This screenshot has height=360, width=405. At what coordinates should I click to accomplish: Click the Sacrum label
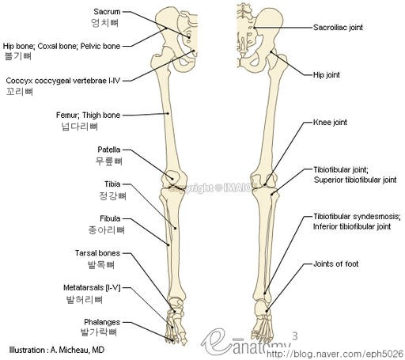coord(107,12)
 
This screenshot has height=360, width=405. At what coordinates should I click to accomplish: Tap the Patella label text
coord(109,150)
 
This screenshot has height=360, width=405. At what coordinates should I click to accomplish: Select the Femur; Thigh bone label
coord(88,115)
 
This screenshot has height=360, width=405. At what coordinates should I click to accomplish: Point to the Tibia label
coord(112,184)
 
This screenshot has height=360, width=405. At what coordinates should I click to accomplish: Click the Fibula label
coord(110,218)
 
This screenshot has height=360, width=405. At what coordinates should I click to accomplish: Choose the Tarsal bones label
coord(97,253)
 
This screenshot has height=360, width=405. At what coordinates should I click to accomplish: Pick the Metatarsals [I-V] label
coord(92,288)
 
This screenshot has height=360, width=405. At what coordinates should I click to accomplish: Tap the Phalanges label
coord(102,322)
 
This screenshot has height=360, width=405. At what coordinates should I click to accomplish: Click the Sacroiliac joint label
coord(338,28)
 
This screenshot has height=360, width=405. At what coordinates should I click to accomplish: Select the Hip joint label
coord(327,75)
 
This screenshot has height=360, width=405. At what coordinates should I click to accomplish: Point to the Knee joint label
coord(330,123)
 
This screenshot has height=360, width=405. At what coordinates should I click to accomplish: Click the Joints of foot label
coord(336,263)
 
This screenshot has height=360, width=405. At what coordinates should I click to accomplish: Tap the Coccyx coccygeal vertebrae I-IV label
coord(63,81)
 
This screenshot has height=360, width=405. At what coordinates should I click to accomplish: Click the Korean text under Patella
coord(109,161)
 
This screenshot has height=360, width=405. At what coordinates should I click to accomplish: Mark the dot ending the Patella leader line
coord(172,179)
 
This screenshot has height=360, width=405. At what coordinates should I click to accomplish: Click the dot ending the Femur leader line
coord(168,113)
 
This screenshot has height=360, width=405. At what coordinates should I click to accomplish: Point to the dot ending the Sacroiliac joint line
coord(254,28)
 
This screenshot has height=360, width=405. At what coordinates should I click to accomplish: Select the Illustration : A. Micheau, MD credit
coord(57,350)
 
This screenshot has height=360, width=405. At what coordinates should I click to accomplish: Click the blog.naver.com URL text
coord(335,354)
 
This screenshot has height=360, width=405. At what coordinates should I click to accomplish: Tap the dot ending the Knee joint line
coord(265,184)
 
